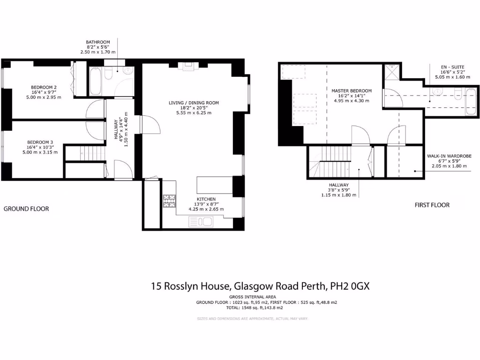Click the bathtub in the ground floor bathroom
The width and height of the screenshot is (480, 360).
click(96, 81)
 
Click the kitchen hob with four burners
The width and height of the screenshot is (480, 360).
click(169, 201)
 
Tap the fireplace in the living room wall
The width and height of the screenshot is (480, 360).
click(189, 66)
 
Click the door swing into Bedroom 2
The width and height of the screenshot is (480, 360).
click(95, 109)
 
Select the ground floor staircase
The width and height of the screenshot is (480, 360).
click(84, 152)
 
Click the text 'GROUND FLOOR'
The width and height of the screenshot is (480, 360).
click(26, 209)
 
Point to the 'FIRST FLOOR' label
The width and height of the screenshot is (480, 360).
click(432, 205)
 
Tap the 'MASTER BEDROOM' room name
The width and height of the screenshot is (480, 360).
click(351, 91)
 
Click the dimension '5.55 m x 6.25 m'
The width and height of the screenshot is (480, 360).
click(194, 113)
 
